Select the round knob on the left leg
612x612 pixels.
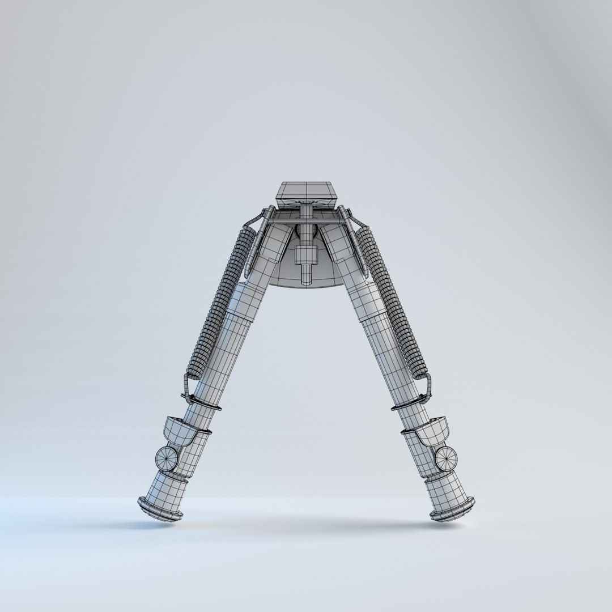pos(166,458)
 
